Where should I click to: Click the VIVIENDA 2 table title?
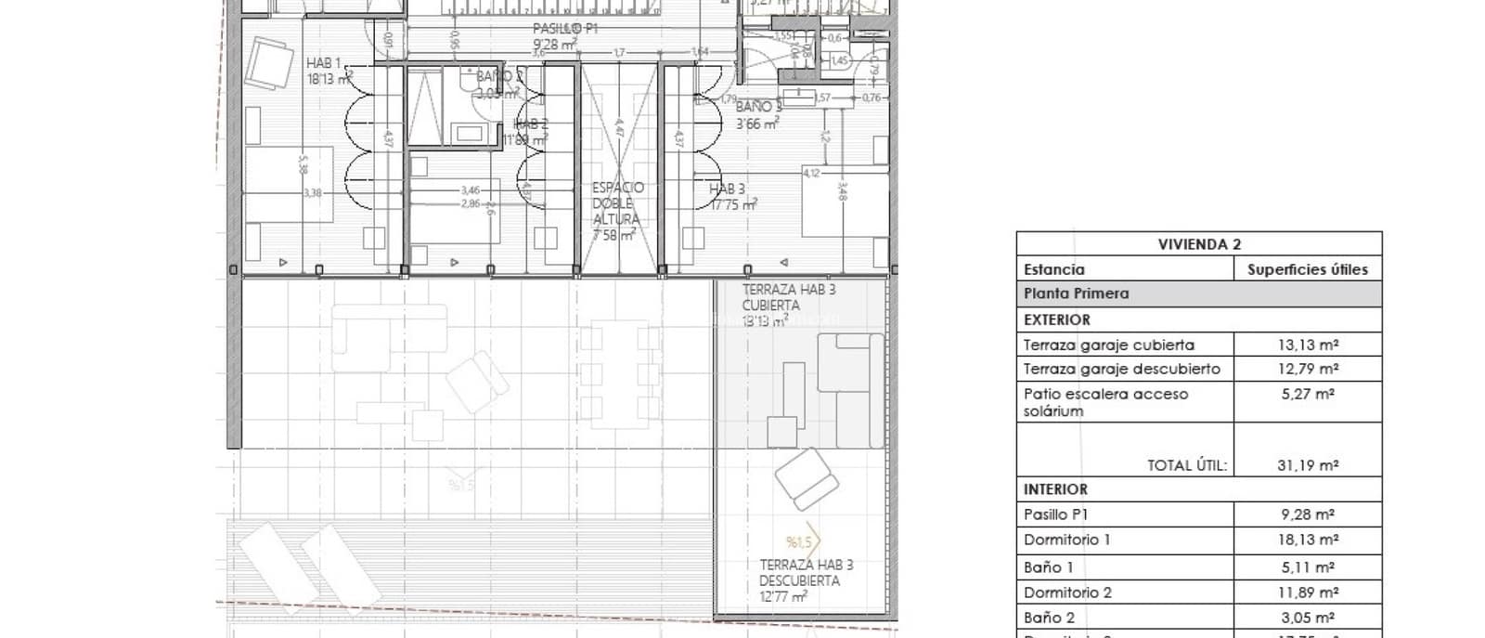(1198, 244)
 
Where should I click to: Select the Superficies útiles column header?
(1307, 269)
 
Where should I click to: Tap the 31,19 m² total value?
(1307, 465)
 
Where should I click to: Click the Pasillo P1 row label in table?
(1055, 514)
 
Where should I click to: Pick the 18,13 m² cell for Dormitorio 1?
(1307, 540)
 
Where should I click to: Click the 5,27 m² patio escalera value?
(1307, 394)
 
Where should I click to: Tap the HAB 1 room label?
(324, 63)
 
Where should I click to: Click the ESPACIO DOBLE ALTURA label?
(617, 203)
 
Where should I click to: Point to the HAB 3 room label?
(727, 189)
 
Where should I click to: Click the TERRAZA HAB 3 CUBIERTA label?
(788, 297)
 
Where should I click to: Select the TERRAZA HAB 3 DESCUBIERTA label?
(806, 573)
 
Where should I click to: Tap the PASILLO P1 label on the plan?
(564, 29)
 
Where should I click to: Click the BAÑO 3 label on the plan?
(758, 107)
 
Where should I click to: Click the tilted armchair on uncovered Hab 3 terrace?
(806, 478)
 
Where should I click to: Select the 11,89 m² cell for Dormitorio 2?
(1307, 592)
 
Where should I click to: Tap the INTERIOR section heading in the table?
(1055, 489)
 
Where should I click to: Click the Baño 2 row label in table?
(1049, 618)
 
